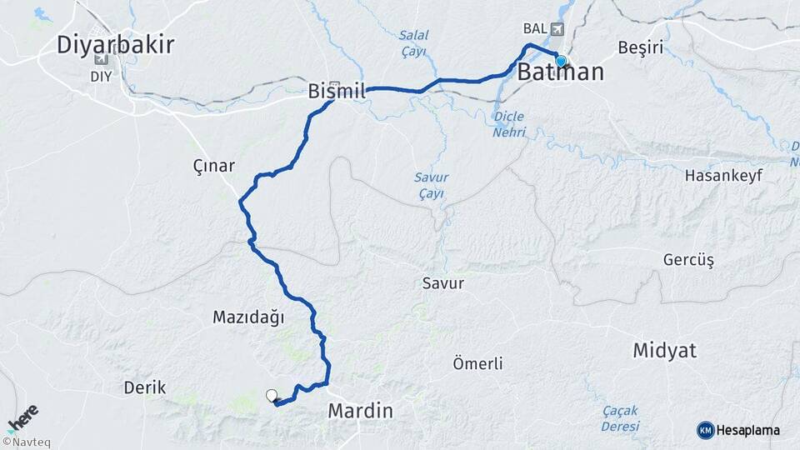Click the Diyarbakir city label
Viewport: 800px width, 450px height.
[116, 44]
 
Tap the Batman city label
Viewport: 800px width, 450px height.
[561, 72]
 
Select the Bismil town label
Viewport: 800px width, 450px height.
[337, 91]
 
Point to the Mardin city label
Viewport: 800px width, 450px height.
[360, 410]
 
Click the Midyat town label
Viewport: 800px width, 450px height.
[664, 350]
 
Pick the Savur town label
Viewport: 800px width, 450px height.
[443, 283]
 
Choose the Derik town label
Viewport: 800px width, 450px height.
[145, 387]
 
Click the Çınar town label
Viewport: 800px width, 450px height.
[213, 166]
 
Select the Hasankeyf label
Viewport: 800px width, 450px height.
[719, 176]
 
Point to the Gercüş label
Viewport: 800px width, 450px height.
[689, 260]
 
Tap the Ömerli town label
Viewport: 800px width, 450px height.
[477, 363]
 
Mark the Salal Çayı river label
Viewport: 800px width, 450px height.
[413, 43]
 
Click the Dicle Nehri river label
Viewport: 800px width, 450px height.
[508, 122]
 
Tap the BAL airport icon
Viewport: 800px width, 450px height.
[557, 29]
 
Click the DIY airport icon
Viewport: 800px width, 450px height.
[102, 59]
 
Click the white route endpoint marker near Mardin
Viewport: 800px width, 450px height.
[271, 395]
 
